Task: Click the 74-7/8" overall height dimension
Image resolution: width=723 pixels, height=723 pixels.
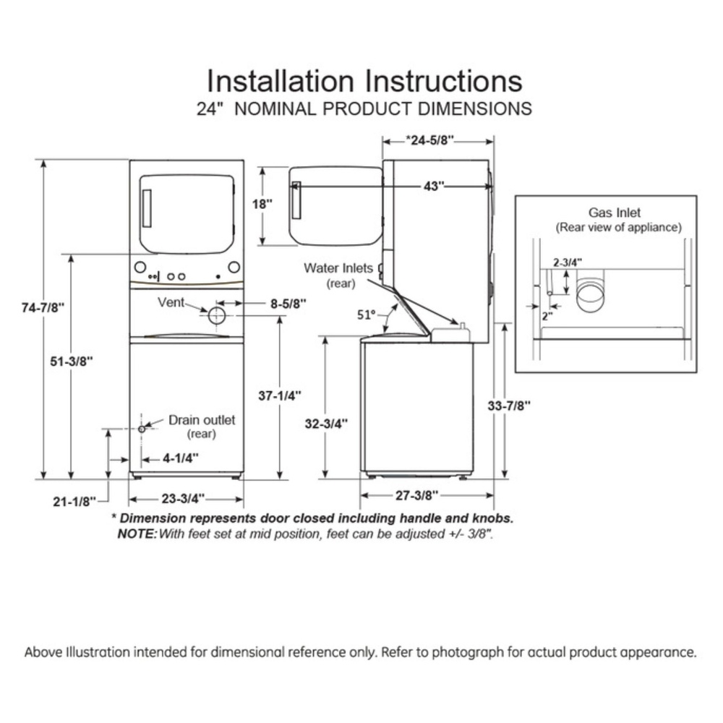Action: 43,307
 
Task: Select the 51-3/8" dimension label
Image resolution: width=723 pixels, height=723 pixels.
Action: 72,361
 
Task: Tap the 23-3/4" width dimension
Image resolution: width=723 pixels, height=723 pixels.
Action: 183,499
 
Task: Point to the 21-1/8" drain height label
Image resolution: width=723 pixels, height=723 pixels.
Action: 74,501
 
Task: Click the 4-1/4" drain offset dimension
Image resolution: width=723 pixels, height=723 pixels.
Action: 181,458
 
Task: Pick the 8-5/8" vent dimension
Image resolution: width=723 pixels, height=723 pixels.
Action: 288,304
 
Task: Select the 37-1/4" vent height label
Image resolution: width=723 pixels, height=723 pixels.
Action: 280,395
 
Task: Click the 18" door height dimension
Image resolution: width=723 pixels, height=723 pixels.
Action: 262,204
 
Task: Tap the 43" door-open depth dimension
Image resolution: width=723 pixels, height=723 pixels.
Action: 434,187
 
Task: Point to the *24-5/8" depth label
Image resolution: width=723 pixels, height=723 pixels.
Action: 429,140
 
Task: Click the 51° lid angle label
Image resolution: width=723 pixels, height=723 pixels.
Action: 367,315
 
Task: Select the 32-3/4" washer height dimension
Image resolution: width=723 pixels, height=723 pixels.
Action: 327,423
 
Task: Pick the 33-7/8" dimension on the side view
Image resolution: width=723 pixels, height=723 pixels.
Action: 509,406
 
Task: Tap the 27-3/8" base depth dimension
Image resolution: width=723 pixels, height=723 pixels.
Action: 417,495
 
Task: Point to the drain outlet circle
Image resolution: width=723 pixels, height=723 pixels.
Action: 142,429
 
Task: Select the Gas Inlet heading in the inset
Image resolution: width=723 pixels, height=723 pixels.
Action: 615,213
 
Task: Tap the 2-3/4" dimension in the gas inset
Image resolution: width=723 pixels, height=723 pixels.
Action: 568,262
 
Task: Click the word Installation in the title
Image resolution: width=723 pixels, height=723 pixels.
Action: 280,81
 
